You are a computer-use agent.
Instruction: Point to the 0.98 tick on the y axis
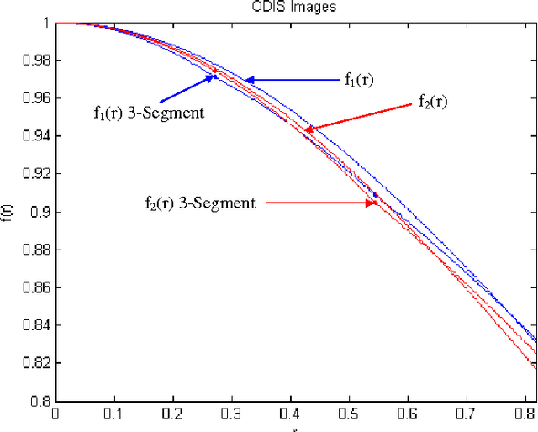pos(37,61)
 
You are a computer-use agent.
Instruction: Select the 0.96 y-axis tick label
pos(37,99)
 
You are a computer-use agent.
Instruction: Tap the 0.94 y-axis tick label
pos(37,137)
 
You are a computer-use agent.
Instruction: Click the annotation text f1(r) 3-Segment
pos(149,112)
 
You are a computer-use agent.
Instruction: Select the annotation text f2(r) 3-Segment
pos(200,203)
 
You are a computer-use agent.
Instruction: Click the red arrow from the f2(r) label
pos(361,115)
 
